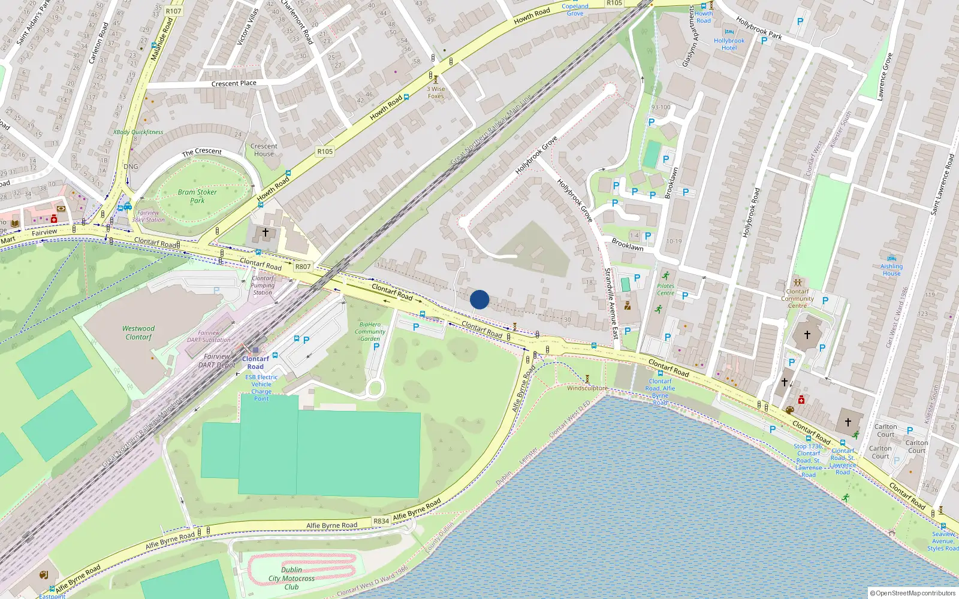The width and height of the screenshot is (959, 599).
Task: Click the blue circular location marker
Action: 479,299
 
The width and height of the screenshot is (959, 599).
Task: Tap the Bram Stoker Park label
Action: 197,196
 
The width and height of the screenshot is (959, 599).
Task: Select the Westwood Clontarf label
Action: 138,332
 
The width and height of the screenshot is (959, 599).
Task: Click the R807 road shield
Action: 303,267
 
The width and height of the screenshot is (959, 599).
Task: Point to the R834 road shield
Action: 381,521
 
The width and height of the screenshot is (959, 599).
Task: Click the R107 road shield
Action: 173,11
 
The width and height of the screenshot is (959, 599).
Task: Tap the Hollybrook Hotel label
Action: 729,44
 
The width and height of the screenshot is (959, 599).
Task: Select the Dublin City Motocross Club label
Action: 291,578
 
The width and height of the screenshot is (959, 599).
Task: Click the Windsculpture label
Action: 587,388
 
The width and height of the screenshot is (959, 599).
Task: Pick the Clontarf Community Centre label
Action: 797,298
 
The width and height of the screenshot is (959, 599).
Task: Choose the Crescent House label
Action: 264,150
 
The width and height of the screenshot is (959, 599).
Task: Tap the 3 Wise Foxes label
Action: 436,92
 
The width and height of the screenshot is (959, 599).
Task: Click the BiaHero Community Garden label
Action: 370,331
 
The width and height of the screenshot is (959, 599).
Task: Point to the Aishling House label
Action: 891,270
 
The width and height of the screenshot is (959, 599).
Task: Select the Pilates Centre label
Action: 665,289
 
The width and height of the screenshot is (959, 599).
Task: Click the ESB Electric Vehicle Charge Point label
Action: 261,388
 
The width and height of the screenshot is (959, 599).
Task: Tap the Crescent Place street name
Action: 234,83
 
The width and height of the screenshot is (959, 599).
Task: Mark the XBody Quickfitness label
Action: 138,132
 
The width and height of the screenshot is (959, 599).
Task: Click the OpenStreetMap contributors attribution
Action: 913,593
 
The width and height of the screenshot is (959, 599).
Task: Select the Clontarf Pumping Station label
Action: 263,285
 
